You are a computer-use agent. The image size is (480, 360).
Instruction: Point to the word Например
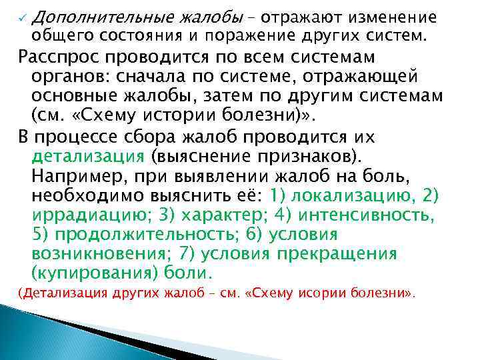[x=79, y=177]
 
